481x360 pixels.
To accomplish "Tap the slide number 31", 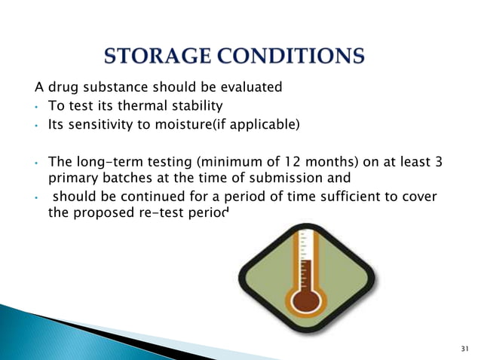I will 463,348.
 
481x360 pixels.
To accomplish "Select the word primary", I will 71,179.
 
